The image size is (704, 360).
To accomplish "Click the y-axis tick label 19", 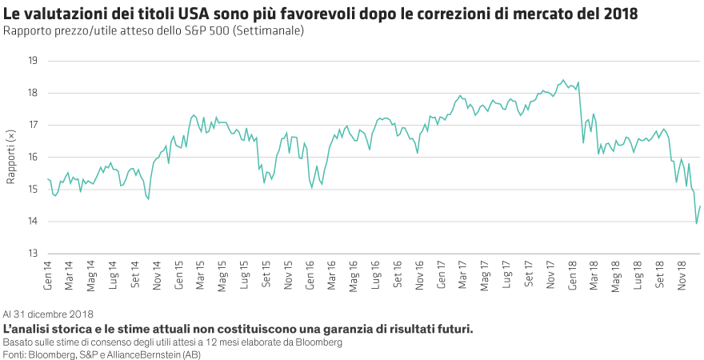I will (33, 61).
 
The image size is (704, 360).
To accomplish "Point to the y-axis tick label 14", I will (33, 222).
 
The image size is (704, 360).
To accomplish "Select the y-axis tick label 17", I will (33, 126).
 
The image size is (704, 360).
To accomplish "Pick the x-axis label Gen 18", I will (573, 272).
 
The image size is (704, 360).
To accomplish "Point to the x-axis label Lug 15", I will (244, 272).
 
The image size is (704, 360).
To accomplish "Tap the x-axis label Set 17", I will (529, 272).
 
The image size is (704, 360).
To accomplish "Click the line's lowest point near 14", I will (697, 223).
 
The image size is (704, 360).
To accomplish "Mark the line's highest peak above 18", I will (563, 79).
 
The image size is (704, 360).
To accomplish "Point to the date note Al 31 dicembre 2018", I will (49, 314).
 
